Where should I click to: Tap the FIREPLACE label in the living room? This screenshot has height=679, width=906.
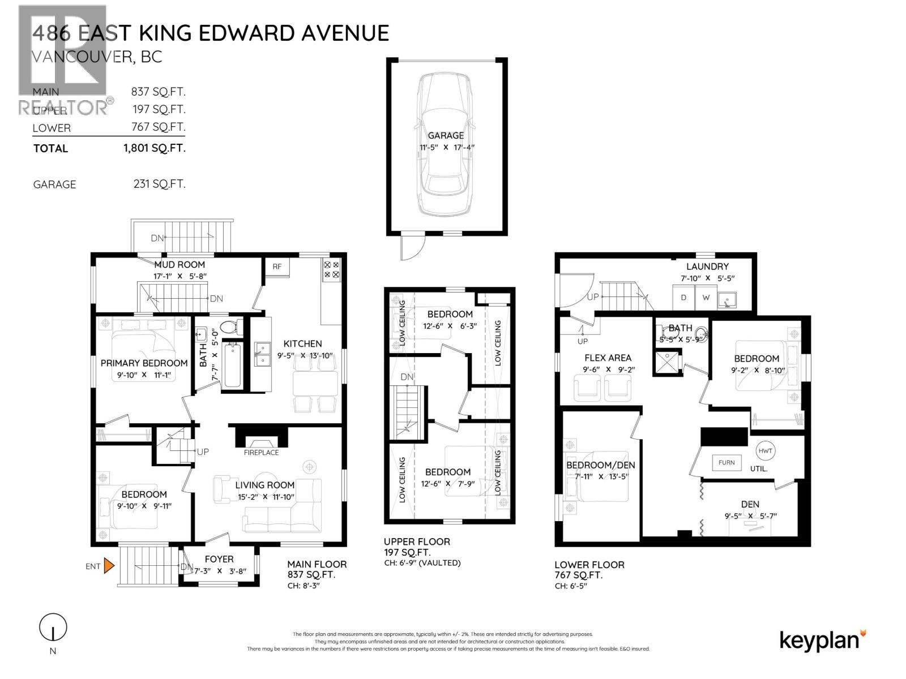(261, 453)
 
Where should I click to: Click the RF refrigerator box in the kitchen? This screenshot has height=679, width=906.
(277, 267)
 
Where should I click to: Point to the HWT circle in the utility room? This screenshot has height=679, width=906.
(765, 451)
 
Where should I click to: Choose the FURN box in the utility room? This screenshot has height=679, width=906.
(726, 462)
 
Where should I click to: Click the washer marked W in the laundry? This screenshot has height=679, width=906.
(706, 298)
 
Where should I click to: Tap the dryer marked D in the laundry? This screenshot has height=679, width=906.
(683, 298)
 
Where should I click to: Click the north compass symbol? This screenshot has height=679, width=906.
(53, 628)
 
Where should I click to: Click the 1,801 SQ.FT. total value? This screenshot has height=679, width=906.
(154, 148)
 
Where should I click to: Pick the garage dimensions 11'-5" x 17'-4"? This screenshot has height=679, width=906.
(446, 147)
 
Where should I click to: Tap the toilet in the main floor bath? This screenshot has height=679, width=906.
(229, 327)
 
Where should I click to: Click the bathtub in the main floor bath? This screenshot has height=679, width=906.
(232, 365)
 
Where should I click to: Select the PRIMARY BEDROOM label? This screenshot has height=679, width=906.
(144, 363)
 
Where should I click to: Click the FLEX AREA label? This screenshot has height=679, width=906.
(608, 358)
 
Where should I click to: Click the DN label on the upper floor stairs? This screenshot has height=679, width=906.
(407, 377)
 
